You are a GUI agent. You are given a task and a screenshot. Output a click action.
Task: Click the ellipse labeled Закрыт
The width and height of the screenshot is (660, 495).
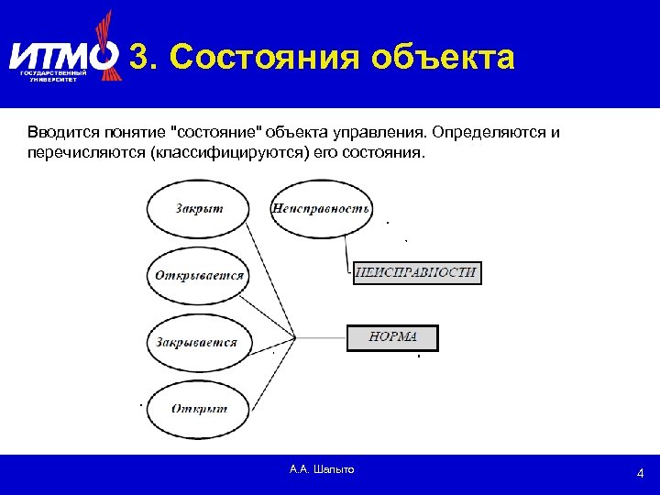click(x=199, y=208)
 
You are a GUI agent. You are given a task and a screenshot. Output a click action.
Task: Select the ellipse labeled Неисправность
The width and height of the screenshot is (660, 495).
click(x=320, y=208)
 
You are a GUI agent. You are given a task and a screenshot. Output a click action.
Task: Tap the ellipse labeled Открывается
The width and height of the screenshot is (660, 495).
click(x=199, y=275)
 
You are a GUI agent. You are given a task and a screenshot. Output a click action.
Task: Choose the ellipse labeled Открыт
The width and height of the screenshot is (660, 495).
click(x=199, y=409)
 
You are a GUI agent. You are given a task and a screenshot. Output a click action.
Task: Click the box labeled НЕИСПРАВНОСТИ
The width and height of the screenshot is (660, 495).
click(x=416, y=272)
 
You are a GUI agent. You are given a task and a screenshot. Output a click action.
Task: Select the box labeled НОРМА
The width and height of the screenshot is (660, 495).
click(x=392, y=337)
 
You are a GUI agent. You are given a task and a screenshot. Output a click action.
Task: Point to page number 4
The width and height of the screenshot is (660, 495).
click(x=641, y=473)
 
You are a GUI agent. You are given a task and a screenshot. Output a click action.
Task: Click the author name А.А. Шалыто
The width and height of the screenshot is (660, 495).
click(x=321, y=469)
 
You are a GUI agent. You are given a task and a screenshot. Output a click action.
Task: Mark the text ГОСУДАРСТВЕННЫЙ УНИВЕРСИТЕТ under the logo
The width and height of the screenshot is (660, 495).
click(x=53, y=76)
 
